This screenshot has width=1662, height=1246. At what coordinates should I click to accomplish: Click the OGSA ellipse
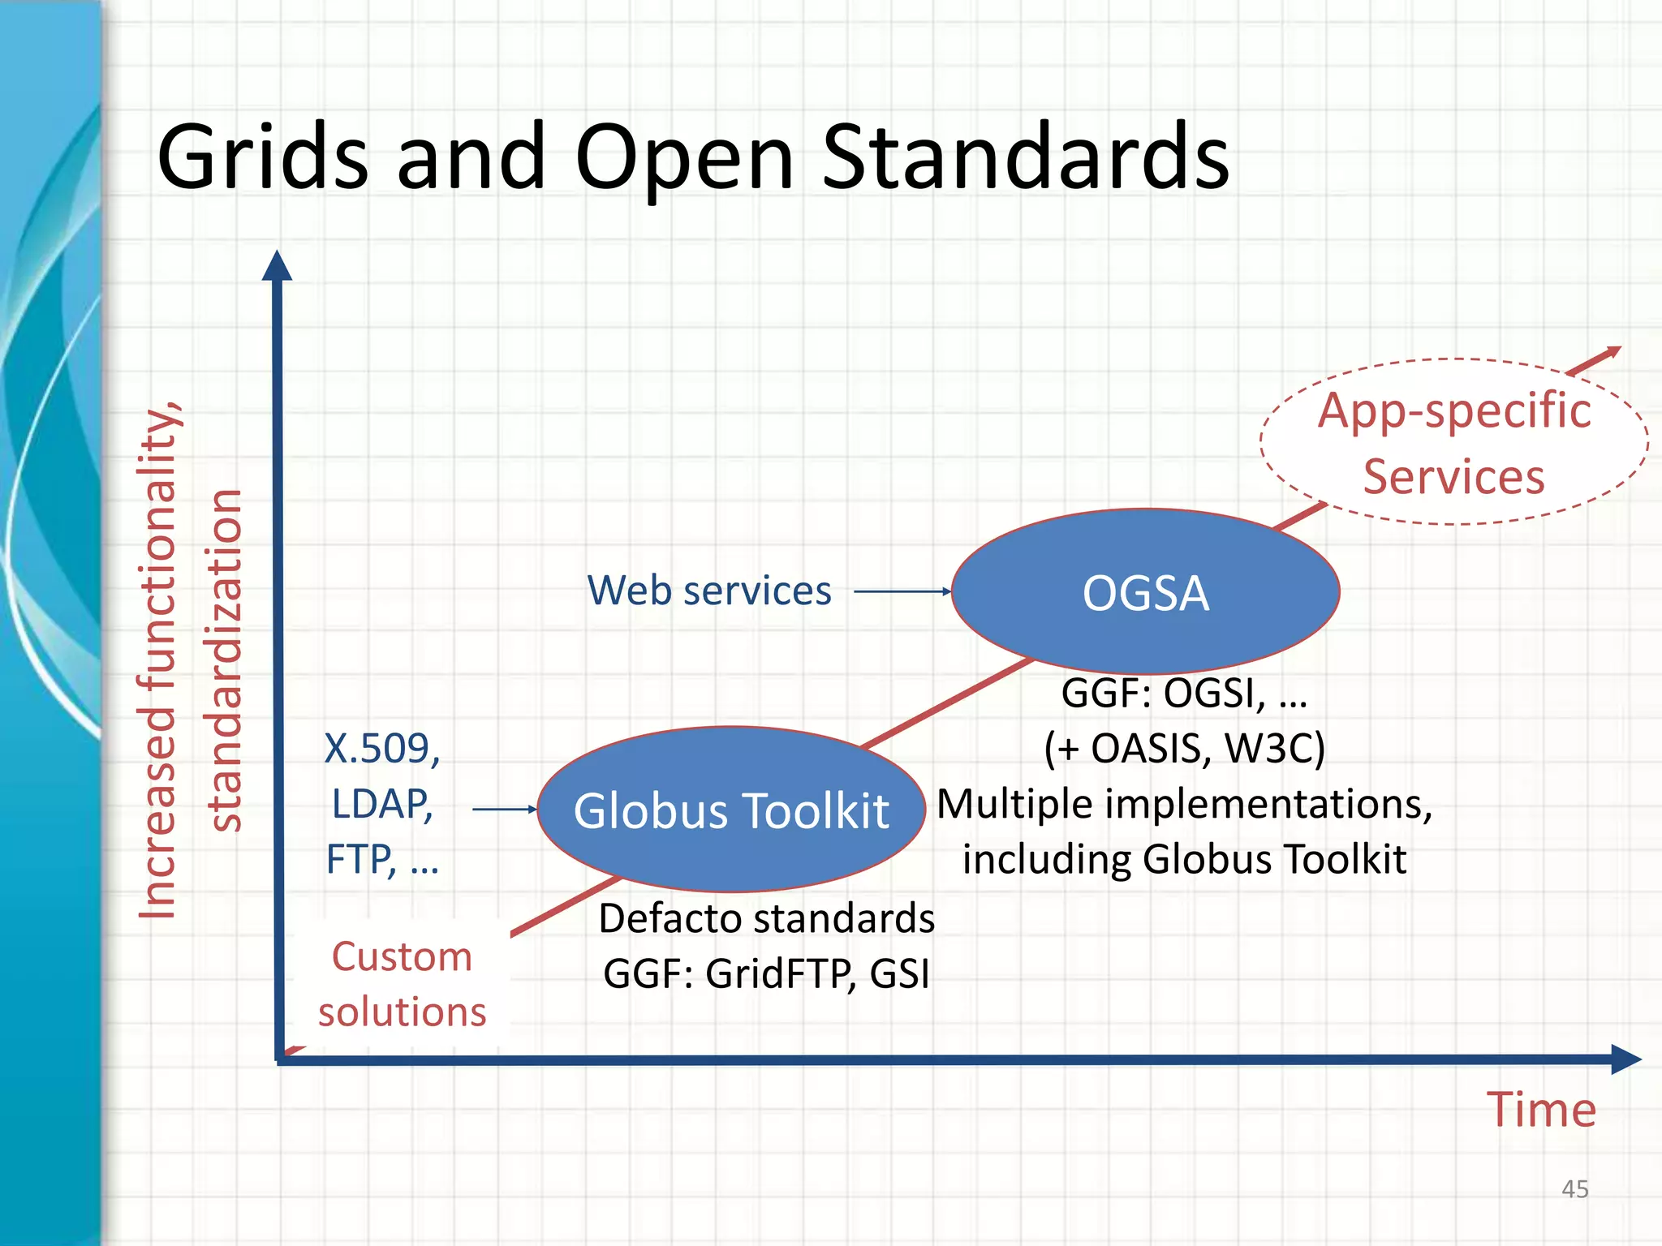tap(1145, 592)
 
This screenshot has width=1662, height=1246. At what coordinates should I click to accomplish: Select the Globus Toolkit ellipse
tap(731, 810)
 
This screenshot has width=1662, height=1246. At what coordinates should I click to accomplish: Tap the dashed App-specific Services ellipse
tap(1453, 442)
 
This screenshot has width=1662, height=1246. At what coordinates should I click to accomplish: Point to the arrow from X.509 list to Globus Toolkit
tap(504, 809)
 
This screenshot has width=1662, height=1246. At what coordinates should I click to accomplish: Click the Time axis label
tap(1540, 1109)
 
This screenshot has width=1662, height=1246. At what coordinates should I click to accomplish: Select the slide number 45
tap(1574, 1188)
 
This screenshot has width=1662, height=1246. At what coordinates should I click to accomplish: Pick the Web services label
tap(708, 591)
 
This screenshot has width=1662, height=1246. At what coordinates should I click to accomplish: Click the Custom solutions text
tap(402, 984)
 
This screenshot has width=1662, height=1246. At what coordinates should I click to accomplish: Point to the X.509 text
tap(381, 748)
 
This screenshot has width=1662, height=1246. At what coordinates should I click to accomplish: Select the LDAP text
tap(381, 804)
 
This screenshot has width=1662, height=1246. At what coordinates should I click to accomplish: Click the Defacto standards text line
tap(766, 918)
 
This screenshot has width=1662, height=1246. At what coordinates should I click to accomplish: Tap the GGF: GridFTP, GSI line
tap(766, 973)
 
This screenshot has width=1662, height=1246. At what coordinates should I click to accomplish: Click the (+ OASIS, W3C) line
tap(1184, 748)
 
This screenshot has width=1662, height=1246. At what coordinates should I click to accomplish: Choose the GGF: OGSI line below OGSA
tap(1184, 693)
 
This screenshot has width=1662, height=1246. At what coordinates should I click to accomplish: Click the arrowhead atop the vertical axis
tap(277, 266)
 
